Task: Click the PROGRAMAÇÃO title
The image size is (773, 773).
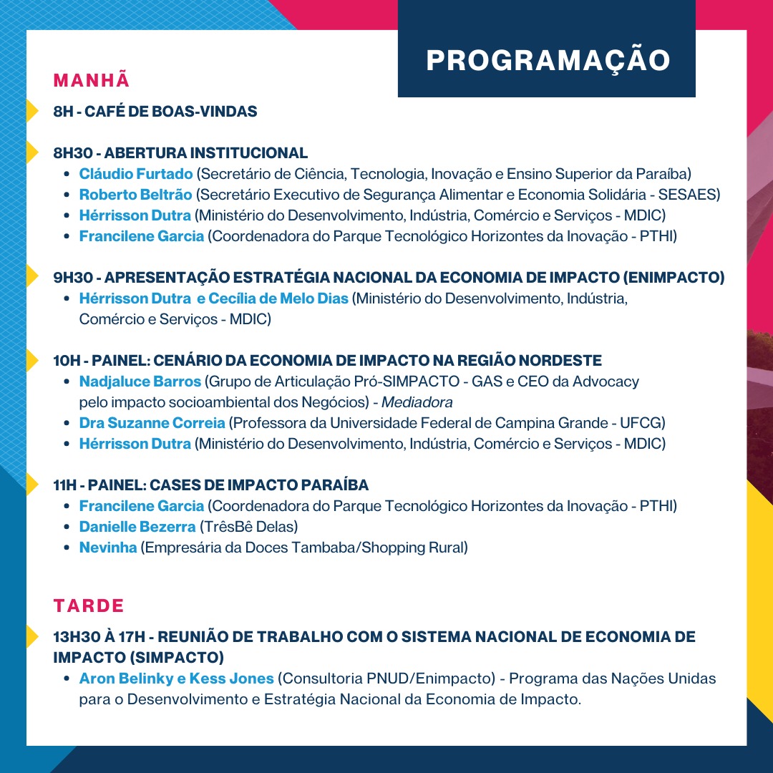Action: click(x=548, y=61)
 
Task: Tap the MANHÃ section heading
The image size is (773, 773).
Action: click(x=92, y=80)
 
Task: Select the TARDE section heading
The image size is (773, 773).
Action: click(x=89, y=606)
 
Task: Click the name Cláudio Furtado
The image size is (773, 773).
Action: click(x=136, y=174)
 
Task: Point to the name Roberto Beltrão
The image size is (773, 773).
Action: click(x=135, y=195)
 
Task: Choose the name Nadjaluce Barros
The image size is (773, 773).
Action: click(x=140, y=381)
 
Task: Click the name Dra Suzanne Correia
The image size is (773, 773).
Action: click(x=152, y=423)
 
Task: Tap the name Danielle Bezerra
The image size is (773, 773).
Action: click(x=137, y=527)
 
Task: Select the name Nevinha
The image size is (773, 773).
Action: click(x=108, y=548)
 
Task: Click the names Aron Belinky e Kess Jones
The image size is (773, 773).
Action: click(x=177, y=679)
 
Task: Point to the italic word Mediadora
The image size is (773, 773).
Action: click(x=417, y=402)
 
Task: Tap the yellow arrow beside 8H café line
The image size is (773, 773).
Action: click(x=32, y=110)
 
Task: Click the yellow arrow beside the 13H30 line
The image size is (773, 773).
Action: click(x=32, y=636)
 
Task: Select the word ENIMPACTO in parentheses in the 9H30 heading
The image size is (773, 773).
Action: click(x=674, y=278)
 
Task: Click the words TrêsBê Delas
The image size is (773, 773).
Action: click(x=248, y=527)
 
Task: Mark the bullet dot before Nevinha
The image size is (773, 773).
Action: click(x=67, y=548)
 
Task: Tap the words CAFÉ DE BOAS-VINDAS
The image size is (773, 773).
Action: click(x=170, y=112)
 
